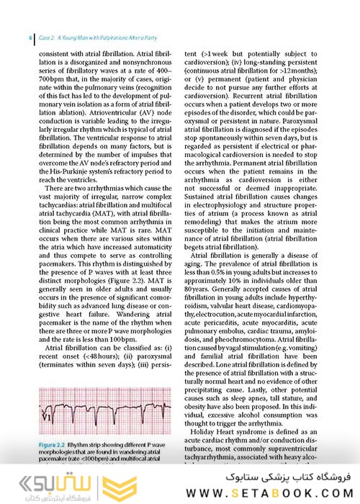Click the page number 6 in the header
point(30,37)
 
